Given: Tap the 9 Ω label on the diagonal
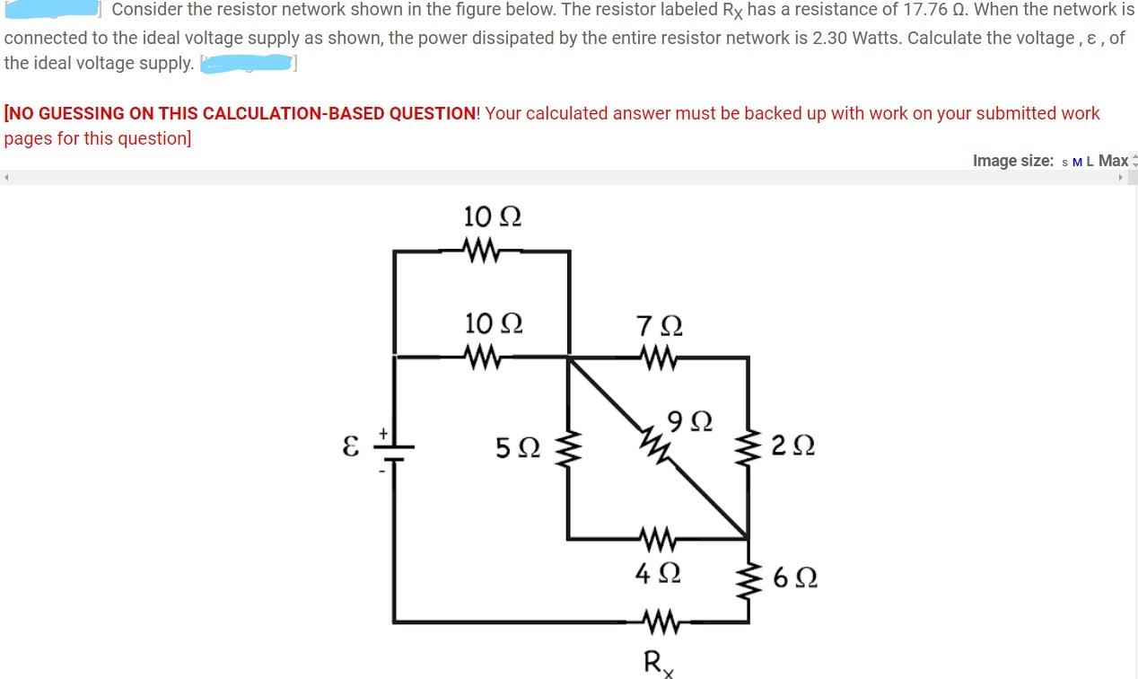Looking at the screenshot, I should (690, 419).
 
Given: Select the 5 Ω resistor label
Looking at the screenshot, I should (519, 445).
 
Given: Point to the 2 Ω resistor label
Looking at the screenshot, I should (792, 445).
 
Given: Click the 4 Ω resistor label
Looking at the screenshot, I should (658, 571).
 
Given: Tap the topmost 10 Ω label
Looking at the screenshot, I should (493, 216).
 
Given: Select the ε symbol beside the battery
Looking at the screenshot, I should (352, 447).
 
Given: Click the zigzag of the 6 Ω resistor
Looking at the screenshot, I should (748, 579).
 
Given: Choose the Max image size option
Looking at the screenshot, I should (1113, 161).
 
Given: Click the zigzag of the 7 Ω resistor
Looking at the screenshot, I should (659, 358).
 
